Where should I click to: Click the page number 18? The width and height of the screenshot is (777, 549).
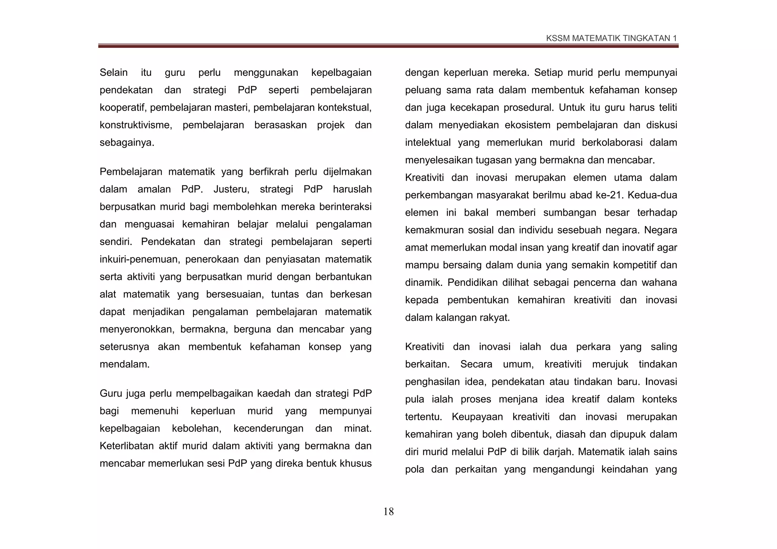pyautogui.click(x=388, y=512)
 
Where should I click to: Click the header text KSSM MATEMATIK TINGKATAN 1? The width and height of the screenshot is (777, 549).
pyautogui.click(x=611, y=38)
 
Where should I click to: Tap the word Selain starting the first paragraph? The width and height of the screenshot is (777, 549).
pyautogui.click(x=113, y=72)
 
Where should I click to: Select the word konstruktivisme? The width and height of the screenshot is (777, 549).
pyautogui.click(x=135, y=125)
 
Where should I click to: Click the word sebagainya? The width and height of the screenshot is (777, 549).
pyautogui.click(x=126, y=143)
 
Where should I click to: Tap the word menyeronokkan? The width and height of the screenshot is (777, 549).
pyautogui.click(x=137, y=329)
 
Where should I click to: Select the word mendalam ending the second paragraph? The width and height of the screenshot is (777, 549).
pyautogui.click(x=124, y=364)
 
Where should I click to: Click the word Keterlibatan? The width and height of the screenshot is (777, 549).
pyautogui.click(x=127, y=446)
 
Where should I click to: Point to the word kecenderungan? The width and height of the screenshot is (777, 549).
pyautogui.click(x=268, y=428)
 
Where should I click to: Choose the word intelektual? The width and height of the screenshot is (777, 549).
pyautogui.click(x=428, y=143)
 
